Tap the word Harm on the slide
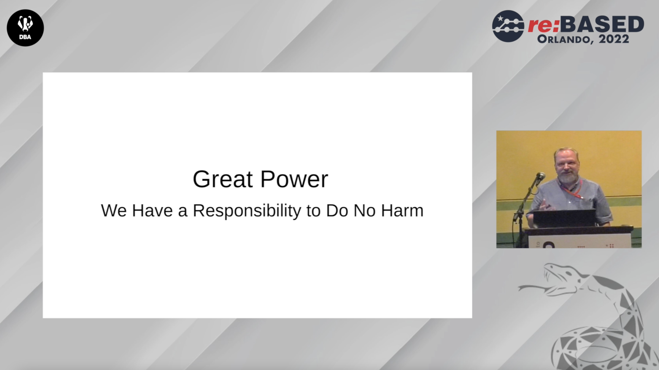[x=402, y=211]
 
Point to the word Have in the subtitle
[x=152, y=211]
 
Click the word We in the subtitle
[x=114, y=211]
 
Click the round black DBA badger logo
[x=25, y=28]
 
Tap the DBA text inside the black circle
[x=25, y=37]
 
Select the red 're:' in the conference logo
[x=543, y=25]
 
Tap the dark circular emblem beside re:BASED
[x=508, y=26]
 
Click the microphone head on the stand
[x=541, y=176]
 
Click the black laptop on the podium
[x=564, y=218]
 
